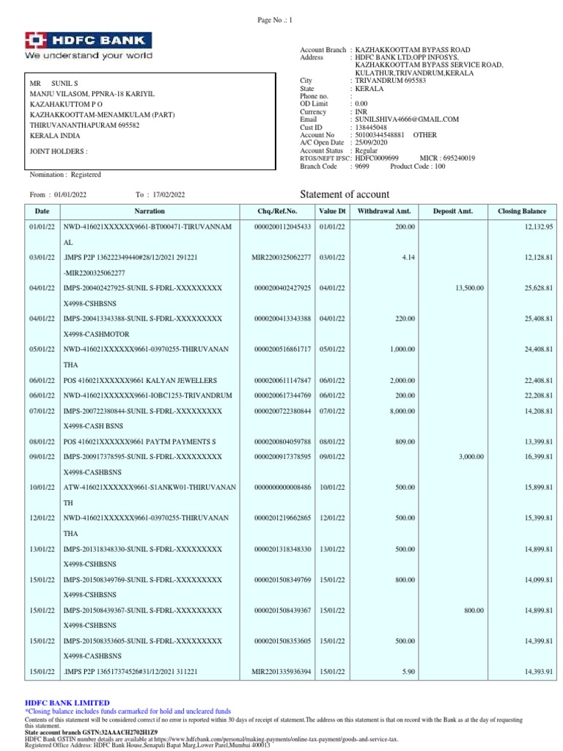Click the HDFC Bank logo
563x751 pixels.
coord(89,45)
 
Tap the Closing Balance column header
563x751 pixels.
coord(522,211)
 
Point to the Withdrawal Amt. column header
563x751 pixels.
coord(383,211)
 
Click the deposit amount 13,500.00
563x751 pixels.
coord(469,288)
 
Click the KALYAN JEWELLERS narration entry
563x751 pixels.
coord(140,381)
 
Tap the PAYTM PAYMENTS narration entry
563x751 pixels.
coord(140,442)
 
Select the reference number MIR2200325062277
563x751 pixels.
coord(281,257)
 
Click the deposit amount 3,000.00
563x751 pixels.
coord(471,457)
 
